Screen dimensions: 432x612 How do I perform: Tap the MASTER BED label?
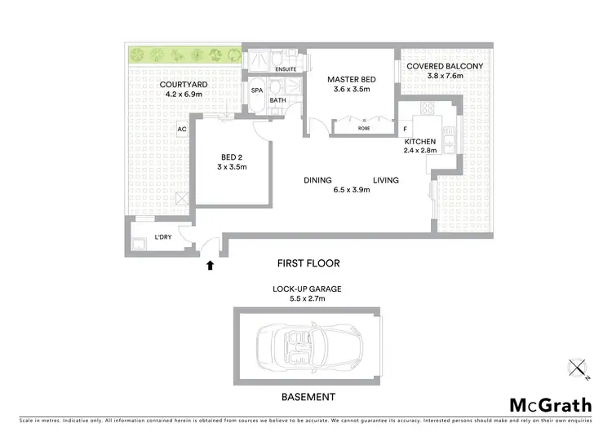click(x=349, y=79)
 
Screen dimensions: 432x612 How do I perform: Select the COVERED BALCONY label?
click(x=445, y=66)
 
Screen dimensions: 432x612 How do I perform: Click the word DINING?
click(x=317, y=180)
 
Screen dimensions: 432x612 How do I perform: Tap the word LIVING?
click(x=386, y=180)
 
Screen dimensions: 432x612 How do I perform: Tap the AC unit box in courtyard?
click(x=182, y=129)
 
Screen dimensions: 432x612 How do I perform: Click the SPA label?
click(x=256, y=90)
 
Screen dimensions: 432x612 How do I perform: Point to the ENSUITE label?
click(x=286, y=69)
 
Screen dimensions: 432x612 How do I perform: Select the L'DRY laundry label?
click(x=162, y=237)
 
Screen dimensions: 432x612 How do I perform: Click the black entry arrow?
click(x=211, y=264)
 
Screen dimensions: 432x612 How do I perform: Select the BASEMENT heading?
click(x=307, y=397)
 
